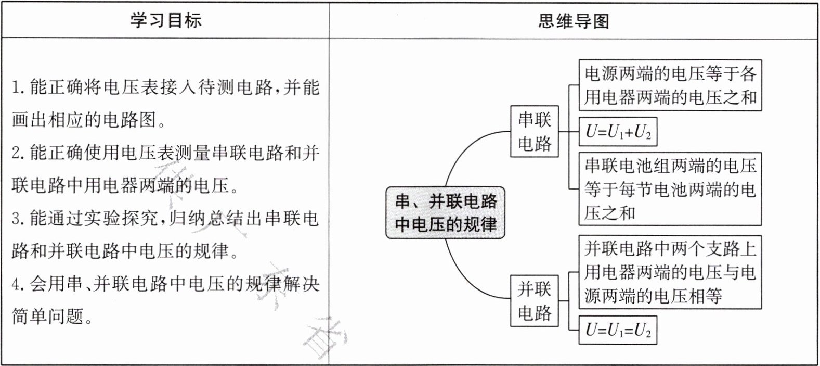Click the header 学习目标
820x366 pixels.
point(166,20)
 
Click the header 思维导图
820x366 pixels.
point(574,21)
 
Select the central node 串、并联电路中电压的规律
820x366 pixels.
point(446,213)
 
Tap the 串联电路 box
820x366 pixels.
point(535,132)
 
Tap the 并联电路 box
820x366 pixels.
point(535,301)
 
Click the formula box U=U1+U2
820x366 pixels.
point(618,132)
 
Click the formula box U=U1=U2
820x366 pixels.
point(618,330)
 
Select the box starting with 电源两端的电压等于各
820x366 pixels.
point(670,85)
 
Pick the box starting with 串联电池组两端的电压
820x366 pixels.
point(670,189)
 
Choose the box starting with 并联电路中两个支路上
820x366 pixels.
point(670,272)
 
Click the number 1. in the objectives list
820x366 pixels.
point(18,87)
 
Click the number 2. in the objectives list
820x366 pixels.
point(18,153)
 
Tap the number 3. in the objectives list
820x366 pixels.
point(18,218)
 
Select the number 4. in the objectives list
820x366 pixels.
point(18,284)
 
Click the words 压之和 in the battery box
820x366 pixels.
point(609,213)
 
